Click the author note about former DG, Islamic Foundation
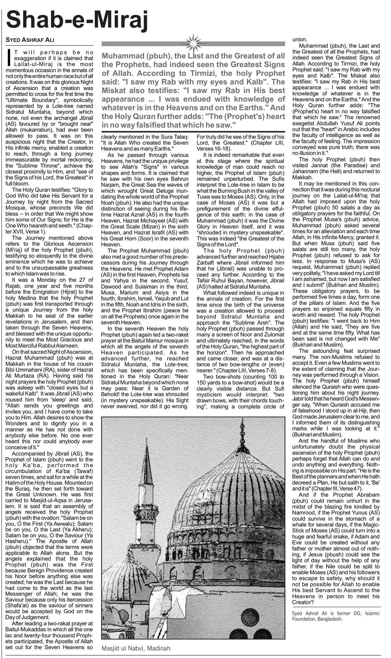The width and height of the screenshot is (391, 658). tap(336, 616)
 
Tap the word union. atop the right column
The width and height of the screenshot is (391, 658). tap(299, 40)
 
